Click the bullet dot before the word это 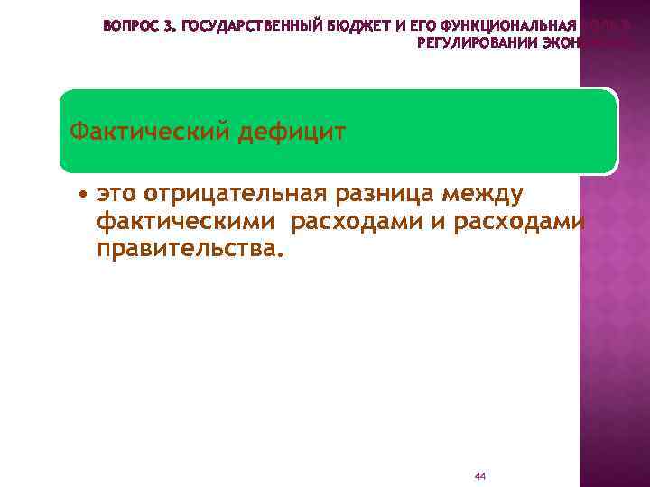point(82,194)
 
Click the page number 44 point(479,475)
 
